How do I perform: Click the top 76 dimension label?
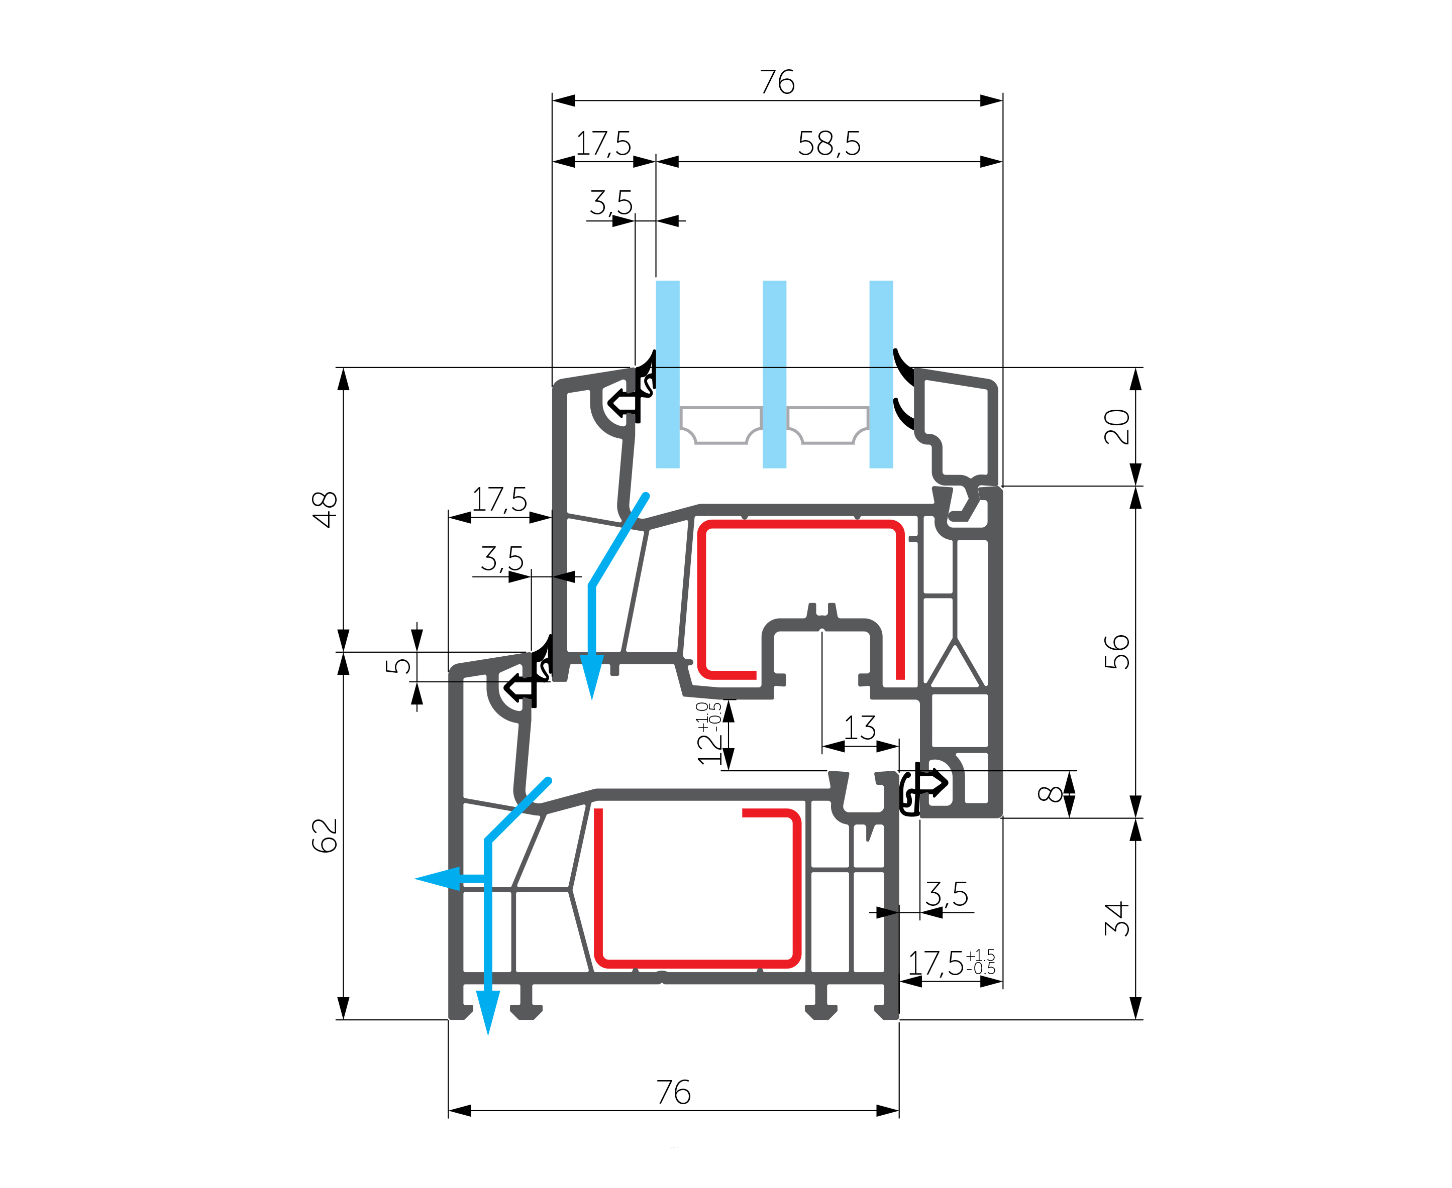(777, 82)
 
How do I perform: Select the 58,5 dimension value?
(829, 144)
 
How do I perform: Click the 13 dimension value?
(860, 728)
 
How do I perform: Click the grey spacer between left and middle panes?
(721, 424)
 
